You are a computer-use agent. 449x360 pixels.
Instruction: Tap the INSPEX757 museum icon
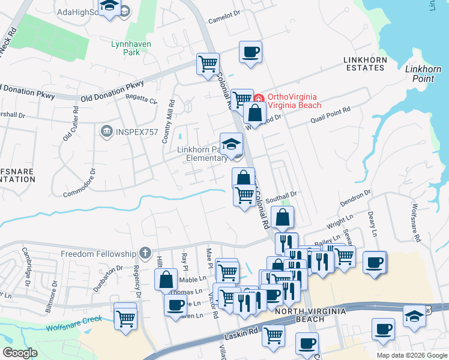[x=107, y=130]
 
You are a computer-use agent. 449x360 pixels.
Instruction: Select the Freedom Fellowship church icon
[x=145, y=254]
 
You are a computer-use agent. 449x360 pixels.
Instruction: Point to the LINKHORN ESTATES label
[x=364, y=64]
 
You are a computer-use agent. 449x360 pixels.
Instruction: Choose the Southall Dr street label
[x=282, y=195]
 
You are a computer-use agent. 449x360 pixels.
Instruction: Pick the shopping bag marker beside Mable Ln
[x=166, y=279]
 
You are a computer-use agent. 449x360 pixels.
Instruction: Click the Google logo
[x=20, y=353]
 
